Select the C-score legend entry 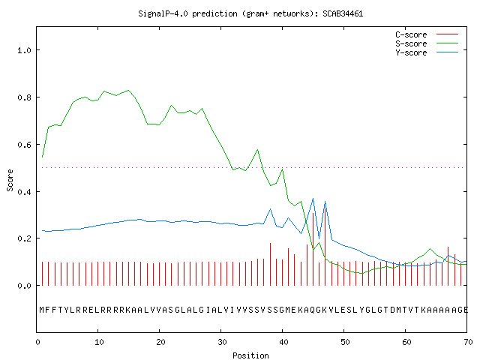pos(427,34)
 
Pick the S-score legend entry pos(427,43)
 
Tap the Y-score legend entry pos(427,52)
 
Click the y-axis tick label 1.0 pos(24,50)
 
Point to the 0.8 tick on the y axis pos(24,97)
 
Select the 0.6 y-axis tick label pos(24,145)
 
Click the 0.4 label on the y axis pos(24,192)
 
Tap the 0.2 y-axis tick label pos(24,238)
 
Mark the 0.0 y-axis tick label pos(24,286)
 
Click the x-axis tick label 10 pos(99,342)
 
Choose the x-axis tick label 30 pos(222,342)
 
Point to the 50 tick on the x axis pos(345,342)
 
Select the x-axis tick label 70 pos(468,342)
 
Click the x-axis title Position pos(250,355)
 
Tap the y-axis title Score pos(10,181)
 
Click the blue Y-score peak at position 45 pos(313,199)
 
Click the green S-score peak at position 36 pos(258,150)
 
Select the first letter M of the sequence pos(42,310)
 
